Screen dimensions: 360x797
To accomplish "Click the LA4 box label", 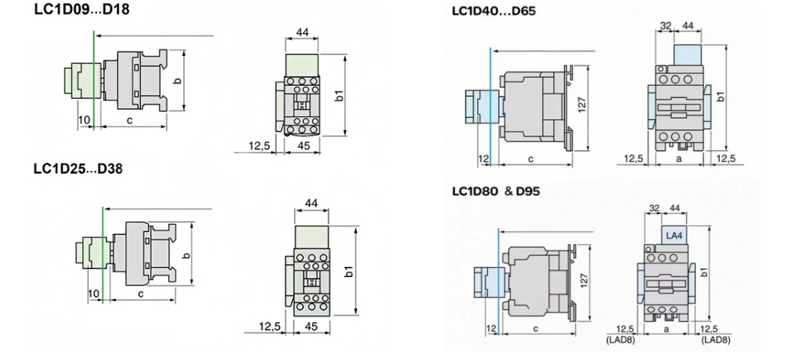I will pos(674,234).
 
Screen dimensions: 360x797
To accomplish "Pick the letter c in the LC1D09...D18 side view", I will pos(129,119).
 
